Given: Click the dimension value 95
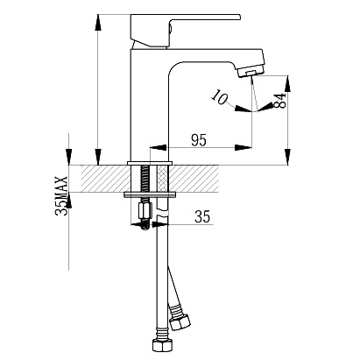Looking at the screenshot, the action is pos(199,140).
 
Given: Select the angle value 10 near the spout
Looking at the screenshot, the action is pos(220,96).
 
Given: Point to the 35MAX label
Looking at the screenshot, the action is pos(61,195).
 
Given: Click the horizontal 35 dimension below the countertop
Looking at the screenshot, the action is pos(202,216).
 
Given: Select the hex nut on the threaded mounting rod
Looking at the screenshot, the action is pos(145,211).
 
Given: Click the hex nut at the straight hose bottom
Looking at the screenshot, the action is pos(161,346).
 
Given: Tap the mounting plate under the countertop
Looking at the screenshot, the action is pos(150,194).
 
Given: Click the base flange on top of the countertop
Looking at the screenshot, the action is pos(150,163).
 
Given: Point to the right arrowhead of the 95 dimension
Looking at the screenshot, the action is pos(243,147).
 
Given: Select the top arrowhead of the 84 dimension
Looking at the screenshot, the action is pos(288,84).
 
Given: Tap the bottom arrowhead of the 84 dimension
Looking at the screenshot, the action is pos(288,157).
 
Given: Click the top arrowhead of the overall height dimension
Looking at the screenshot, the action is pos(99,22).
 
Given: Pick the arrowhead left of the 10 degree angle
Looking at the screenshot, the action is pos(243,109).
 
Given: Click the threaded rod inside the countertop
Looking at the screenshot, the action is pos(145,179).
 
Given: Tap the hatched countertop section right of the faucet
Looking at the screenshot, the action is pos(194,179).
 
